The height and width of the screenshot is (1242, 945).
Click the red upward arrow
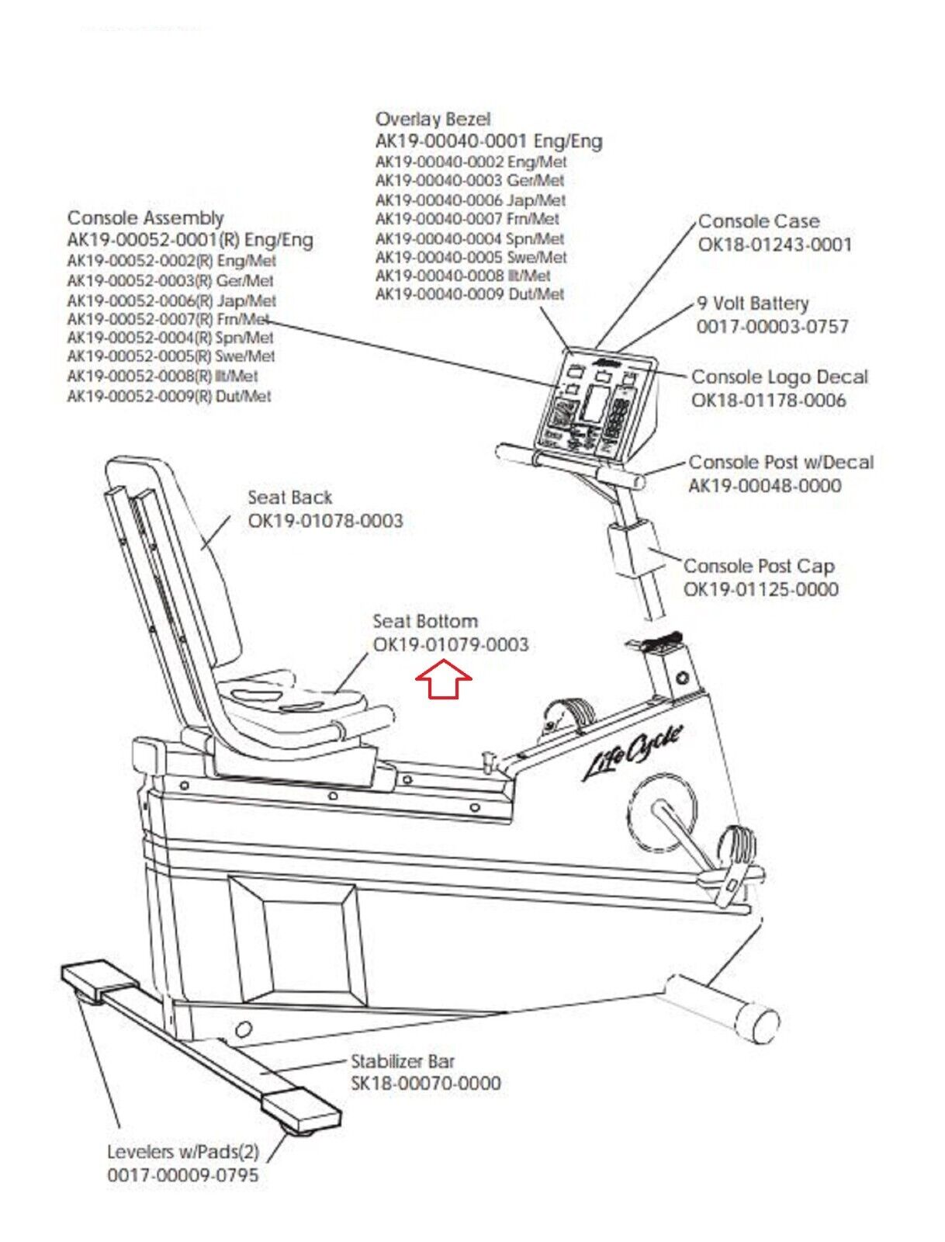(444, 679)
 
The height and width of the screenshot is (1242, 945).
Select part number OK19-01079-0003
(451, 645)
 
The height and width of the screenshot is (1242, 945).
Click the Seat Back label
(289, 498)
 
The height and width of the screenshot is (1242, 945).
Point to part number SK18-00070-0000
(426, 1083)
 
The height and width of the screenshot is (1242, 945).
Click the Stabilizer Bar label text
(403, 1061)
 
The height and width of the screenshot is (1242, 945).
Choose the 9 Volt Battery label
(753, 304)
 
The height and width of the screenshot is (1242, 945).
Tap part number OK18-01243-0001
(774, 245)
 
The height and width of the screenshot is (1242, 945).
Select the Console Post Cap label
(759, 566)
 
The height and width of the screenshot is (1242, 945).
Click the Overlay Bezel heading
(433, 120)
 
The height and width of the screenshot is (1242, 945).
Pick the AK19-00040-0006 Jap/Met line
(470, 199)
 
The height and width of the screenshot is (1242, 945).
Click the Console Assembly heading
(145, 218)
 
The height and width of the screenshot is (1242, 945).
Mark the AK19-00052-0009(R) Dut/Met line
(169, 396)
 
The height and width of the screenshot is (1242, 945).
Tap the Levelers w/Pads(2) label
(182, 1152)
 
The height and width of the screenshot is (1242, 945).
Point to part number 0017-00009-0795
(182, 1175)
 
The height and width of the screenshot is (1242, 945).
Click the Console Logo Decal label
(779, 377)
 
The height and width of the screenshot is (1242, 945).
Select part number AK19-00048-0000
(764, 486)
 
